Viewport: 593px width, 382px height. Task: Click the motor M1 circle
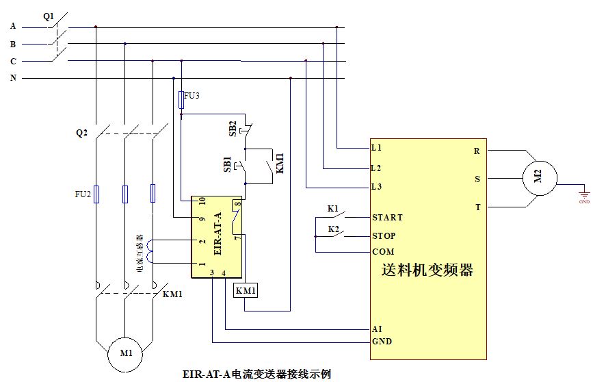(x=127, y=354)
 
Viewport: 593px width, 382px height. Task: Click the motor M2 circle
(x=538, y=179)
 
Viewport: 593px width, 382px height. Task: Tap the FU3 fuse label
(x=192, y=96)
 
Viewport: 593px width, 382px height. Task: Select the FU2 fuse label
(x=82, y=194)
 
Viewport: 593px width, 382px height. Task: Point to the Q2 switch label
(x=82, y=133)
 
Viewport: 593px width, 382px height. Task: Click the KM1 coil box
(x=246, y=291)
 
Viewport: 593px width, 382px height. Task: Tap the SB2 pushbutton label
(x=233, y=128)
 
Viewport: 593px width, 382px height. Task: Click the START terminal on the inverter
(x=387, y=218)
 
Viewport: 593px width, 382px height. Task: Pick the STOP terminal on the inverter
(x=384, y=236)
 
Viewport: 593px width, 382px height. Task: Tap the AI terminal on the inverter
(x=377, y=329)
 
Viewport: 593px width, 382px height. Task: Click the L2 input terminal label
(x=375, y=168)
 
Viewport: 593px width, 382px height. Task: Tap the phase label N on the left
(x=13, y=78)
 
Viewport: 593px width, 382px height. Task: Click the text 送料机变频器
(x=427, y=270)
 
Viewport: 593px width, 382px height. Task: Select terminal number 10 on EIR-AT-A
(x=202, y=201)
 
